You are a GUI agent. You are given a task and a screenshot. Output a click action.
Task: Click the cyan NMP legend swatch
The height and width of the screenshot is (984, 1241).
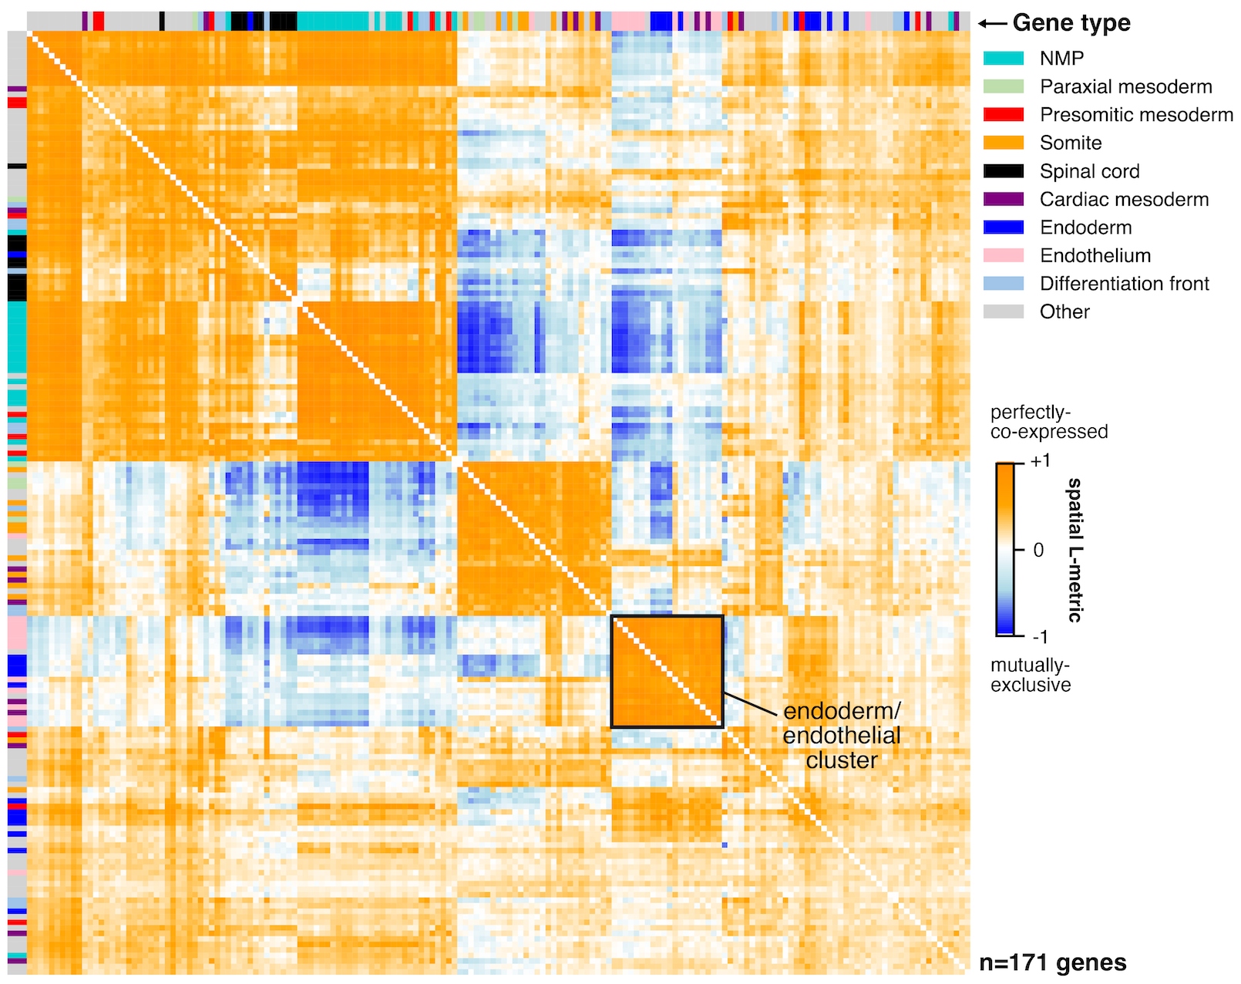[x=1003, y=59]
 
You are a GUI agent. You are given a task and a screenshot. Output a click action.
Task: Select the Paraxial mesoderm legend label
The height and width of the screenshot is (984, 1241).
[x=1125, y=86]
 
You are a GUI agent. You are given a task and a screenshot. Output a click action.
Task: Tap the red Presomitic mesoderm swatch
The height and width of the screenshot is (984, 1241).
[x=1003, y=115]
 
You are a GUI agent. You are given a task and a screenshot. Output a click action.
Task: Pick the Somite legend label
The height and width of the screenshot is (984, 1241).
[x=1070, y=143]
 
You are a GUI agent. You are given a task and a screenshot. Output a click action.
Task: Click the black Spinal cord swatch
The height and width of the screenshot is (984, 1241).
[x=1003, y=171]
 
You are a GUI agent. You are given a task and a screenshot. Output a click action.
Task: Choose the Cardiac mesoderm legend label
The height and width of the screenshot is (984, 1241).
[x=1124, y=199]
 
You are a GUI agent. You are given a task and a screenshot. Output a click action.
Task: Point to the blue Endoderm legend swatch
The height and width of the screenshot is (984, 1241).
[x=1003, y=227]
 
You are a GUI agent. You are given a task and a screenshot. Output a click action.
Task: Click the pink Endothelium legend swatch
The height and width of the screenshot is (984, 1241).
[x=1003, y=255]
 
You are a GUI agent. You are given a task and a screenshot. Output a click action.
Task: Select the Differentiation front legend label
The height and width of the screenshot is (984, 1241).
[x=1124, y=284]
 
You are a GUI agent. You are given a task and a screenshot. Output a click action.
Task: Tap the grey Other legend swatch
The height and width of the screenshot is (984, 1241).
[x=1003, y=312]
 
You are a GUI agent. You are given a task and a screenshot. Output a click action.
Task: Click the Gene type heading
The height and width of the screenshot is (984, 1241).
[x=1071, y=23]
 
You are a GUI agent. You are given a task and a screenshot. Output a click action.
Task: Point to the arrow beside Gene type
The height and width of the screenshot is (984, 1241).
[x=993, y=24]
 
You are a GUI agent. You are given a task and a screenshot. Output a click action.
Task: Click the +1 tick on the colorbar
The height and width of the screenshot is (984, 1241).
[x=1040, y=461]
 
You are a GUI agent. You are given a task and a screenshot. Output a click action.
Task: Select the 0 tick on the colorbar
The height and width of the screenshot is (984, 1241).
[x=1038, y=550]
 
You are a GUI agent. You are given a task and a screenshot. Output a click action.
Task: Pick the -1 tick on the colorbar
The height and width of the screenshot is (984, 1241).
[x=1040, y=637]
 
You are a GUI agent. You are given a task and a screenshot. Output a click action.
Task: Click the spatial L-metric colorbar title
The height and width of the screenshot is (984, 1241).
[x=1075, y=550]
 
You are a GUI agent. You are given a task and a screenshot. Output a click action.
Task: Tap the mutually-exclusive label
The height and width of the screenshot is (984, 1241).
[x=1031, y=675]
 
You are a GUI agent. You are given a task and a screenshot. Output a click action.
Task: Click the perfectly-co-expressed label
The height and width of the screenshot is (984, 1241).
[x=1048, y=422]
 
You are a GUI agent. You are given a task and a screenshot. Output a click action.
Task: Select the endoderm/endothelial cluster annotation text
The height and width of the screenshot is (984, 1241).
[x=842, y=736]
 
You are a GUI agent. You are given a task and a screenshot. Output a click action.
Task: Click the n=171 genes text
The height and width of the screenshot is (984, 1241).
[x=1052, y=962]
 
